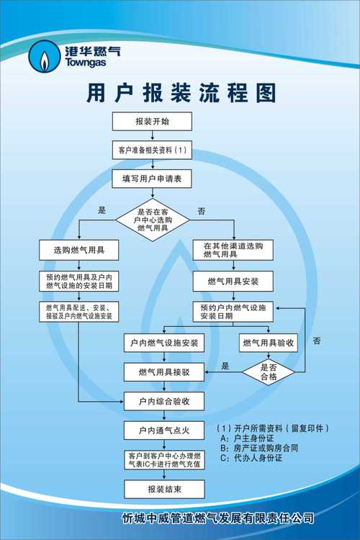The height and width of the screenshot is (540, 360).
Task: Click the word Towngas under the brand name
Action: (x=85, y=63)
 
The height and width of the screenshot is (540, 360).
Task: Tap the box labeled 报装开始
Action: (x=152, y=121)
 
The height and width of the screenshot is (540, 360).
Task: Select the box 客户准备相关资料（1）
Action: (x=152, y=150)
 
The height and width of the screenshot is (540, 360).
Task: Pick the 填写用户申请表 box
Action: (x=152, y=179)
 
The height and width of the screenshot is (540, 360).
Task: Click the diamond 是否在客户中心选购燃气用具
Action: (x=152, y=220)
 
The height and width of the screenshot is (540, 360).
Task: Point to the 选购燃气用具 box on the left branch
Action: (x=79, y=250)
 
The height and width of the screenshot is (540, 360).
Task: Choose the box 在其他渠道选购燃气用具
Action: (x=233, y=250)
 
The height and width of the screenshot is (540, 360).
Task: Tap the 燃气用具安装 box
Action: (x=233, y=282)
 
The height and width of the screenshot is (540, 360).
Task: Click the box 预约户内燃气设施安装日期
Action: (x=233, y=312)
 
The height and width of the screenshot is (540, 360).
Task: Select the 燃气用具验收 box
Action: (x=269, y=343)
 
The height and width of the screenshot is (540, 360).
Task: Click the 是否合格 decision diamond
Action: (x=269, y=372)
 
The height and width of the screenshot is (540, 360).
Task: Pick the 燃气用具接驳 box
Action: (x=164, y=372)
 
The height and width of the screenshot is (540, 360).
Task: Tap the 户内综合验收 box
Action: (x=164, y=401)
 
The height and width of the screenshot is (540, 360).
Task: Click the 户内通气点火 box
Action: (x=164, y=430)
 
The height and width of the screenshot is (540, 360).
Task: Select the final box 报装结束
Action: (x=164, y=489)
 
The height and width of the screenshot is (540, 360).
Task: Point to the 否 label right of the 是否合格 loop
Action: (x=317, y=341)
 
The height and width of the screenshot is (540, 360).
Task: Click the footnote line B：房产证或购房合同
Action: (x=259, y=448)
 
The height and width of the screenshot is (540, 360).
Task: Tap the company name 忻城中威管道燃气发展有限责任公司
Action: (x=218, y=518)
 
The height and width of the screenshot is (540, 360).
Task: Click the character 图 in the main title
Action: (x=266, y=93)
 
